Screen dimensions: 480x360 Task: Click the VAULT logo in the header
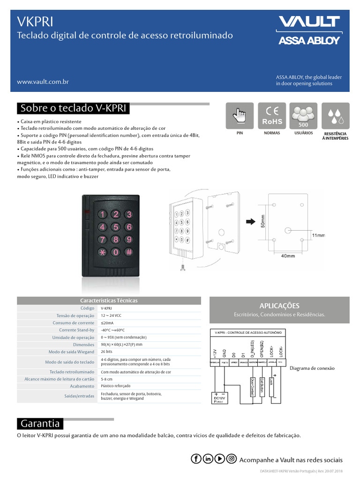[309, 22]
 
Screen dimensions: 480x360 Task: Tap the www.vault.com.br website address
[43, 82]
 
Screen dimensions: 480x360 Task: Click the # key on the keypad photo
[129, 252]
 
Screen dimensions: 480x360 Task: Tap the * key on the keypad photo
[102, 252]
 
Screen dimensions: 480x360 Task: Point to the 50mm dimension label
[263, 221]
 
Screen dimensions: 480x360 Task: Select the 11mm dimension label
[318, 235]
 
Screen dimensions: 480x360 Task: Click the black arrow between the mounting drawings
[249, 221]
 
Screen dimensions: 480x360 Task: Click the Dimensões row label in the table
[80, 345]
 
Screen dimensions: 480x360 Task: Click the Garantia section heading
[40, 424]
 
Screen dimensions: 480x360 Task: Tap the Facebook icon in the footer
[196, 459]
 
